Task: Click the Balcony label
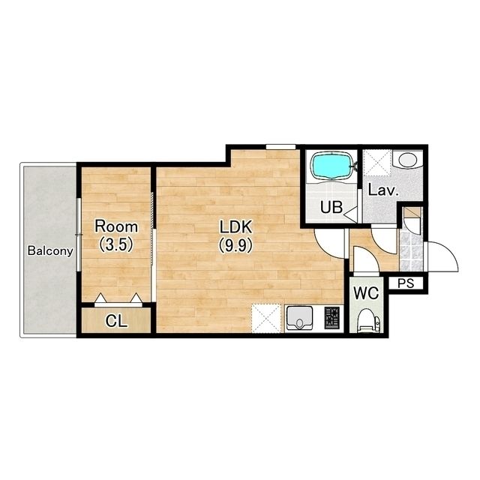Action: tap(50, 251)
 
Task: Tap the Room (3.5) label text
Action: tap(116, 235)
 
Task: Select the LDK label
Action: tap(236, 227)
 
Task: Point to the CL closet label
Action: tap(116, 321)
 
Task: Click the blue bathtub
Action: tap(331, 166)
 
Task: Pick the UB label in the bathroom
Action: tap(331, 207)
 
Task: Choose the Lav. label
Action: tap(383, 190)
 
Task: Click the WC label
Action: tap(366, 293)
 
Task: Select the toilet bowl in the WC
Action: tap(368, 320)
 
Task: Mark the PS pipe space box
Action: tap(406, 283)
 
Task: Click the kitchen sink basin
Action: tap(299, 319)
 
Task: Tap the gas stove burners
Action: tap(332, 318)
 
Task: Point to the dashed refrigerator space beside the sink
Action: tap(266, 318)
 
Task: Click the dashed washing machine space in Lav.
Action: tap(377, 163)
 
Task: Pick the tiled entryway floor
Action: tap(411, 252)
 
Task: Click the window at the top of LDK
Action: tap(280, 147)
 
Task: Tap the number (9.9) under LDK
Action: tap(236, 245)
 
